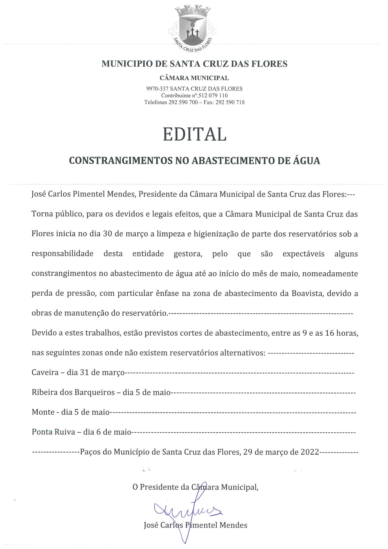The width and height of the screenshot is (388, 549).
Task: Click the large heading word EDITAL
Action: (195, 134)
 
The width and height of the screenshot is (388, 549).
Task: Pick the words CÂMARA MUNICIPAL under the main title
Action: (194, 78)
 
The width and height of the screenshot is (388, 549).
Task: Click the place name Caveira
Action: (45, 373)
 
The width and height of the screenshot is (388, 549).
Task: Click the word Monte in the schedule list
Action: (43, 412)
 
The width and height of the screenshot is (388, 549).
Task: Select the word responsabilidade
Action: (62, 254)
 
